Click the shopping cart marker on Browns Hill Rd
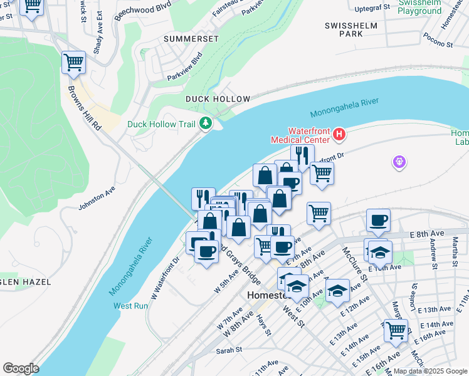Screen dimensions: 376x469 click(73, 62)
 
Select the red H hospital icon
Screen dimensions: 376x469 click(339, 134)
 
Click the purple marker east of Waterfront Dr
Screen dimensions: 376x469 click(399, 163)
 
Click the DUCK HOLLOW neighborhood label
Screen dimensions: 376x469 click(218, 99)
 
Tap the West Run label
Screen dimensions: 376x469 click(130, 306)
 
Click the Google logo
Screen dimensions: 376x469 click(21, 368)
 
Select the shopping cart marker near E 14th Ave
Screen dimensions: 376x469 click(396, 330)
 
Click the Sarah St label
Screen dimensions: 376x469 click(230, 350)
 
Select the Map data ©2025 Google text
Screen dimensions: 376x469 click(429, 371)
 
